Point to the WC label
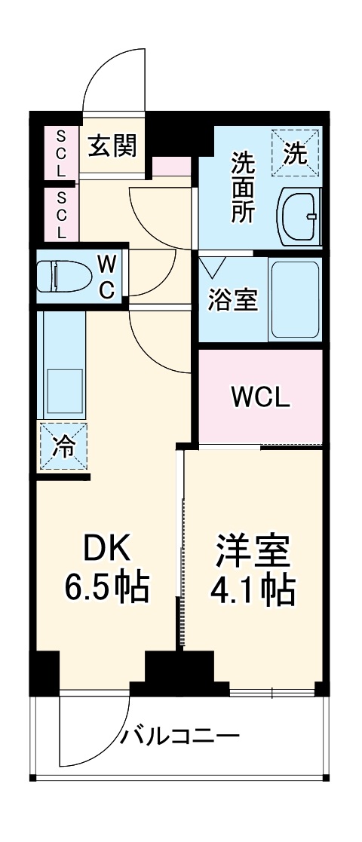pos(107,277)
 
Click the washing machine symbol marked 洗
pos(296,155)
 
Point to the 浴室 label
pos(233,300)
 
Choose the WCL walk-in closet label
pos(259,397)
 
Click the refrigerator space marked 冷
pos(63,447)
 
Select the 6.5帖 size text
pos(106,587)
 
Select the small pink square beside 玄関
pos(171,167)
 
